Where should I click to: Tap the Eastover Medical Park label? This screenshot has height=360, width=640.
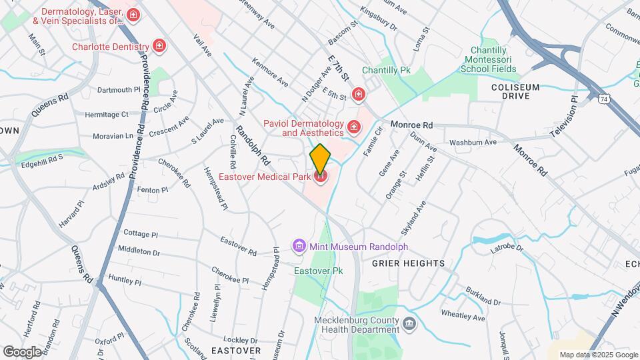265,177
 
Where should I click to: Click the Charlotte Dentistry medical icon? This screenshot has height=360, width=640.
159,46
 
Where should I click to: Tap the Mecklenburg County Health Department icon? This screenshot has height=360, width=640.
409,325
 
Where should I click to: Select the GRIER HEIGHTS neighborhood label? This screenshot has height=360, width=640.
408,263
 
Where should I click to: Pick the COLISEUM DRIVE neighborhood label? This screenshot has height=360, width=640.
519,91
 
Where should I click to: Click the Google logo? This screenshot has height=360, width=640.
22,351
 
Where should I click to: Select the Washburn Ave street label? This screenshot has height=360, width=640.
473,142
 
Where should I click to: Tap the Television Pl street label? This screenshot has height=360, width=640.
563,115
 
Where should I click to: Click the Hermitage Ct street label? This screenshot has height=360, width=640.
107,115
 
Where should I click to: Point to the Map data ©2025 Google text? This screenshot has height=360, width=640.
598,355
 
